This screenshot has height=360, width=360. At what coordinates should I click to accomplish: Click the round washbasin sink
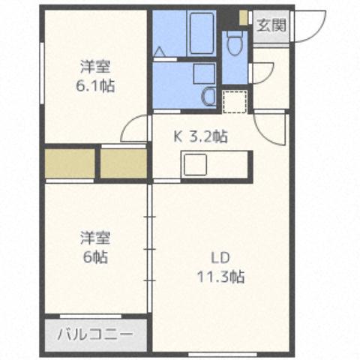pyautogui.click(x=209, y=96)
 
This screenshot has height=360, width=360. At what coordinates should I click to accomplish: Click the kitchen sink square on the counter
pyautogui.click(x=196, y=163)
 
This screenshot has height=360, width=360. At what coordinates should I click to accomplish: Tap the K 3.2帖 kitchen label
pyautogui.click(x=201, y=136)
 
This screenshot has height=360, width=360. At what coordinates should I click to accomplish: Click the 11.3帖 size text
pyautogui.click(x=221, y=277)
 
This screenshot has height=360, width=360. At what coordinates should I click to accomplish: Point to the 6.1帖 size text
pyautogui.click(x=96, y=85)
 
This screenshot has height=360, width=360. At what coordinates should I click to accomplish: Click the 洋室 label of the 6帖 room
pyautogui.click(x=96, y=239)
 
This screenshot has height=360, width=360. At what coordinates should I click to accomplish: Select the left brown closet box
pyautogui.click(x=70, y=163)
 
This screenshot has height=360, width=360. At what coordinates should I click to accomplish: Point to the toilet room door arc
pyautogui.click(x=259, y=73)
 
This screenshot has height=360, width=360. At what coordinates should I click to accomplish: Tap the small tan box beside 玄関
pyautogui.click(x=244, y=16)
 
